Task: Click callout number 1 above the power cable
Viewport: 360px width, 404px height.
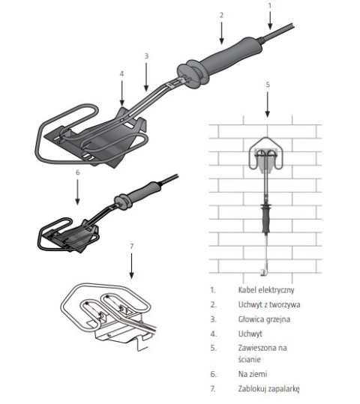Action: [270, 5]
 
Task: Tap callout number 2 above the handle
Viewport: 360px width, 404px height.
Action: [221, 15]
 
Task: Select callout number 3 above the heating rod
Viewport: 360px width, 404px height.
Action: [146, 56]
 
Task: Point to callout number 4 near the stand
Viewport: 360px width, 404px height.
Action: [121, 73]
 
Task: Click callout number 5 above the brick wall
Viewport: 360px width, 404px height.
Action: [268, 84]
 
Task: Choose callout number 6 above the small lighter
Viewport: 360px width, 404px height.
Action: [77, 172]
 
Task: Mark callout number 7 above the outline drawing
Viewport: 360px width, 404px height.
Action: [132, 247]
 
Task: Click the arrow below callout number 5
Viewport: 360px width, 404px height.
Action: [268, 104]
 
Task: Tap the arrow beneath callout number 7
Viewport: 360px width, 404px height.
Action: [131, 266]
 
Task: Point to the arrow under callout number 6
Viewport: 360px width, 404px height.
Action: [77, 192]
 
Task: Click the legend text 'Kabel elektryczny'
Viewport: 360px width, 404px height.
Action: [266, 290]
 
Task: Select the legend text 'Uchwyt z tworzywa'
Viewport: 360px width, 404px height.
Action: [269, 304]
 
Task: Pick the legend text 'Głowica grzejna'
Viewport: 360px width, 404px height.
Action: [264, 319]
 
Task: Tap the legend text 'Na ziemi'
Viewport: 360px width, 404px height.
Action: [253, 374]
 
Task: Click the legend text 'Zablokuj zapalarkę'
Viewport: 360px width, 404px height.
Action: [269, 388]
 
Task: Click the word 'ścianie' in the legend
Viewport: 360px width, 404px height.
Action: [249, 359]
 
